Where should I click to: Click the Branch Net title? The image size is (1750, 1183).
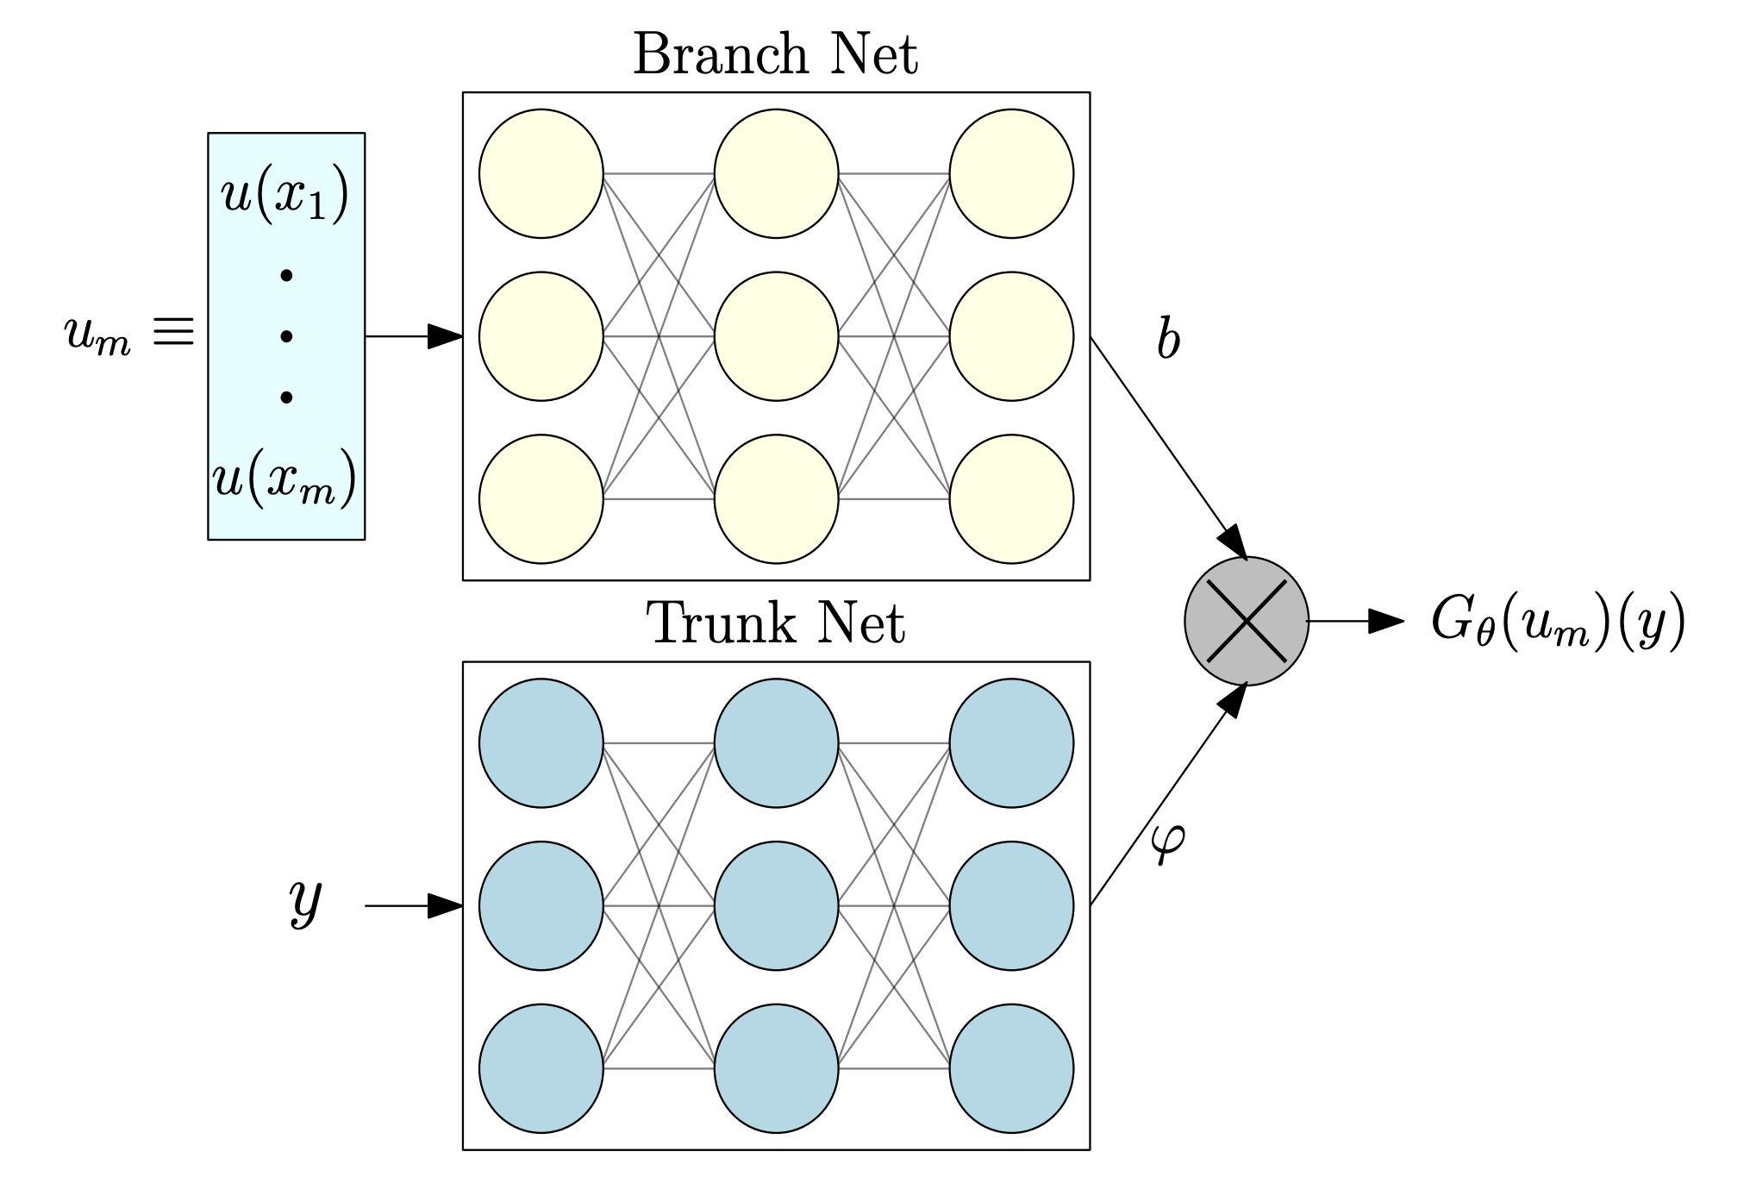pyautogui.click(x=775, y=54)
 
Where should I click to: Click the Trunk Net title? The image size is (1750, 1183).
pyautogui.click(x=775, y=623)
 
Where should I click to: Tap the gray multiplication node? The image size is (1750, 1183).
pyautogui.click(x=1246, y=621)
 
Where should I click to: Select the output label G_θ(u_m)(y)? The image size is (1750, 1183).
pyautogui.click(x=1558, y=623)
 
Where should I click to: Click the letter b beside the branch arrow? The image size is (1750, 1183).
pyautogui.click(x=1168, y=339)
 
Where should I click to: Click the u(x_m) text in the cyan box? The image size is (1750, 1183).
pyautogui.click(x=284, y=480)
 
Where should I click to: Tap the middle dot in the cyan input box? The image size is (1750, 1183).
pyautogui.click(x=286, y=336)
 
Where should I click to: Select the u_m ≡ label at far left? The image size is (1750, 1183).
pyautogui.click(x=129, y=335)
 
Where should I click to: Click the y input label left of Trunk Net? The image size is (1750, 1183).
pyautogui.click(x=305, y=901)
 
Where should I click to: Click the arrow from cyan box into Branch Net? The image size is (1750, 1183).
pyautogui.click(x=414, y=336)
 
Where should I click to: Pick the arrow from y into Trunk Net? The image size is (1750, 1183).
pyautogui.click(x=414, y=905)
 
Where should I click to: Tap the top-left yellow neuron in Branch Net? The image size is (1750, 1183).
pyautogui.click(x=541, y=173)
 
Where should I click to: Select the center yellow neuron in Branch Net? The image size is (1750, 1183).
pyautogui.click(x=776, y=336)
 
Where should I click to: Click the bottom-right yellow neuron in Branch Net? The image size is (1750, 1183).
pyautogui.click(x=1011, y=499)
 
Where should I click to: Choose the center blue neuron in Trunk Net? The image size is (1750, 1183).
pyautogui.click(x=776, y=905)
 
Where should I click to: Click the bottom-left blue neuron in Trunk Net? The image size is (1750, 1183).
pyautogui.click(x=541, y=1068)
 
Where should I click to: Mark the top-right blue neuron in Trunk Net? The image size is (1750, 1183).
pyautogui.click(x=1011, y=742)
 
